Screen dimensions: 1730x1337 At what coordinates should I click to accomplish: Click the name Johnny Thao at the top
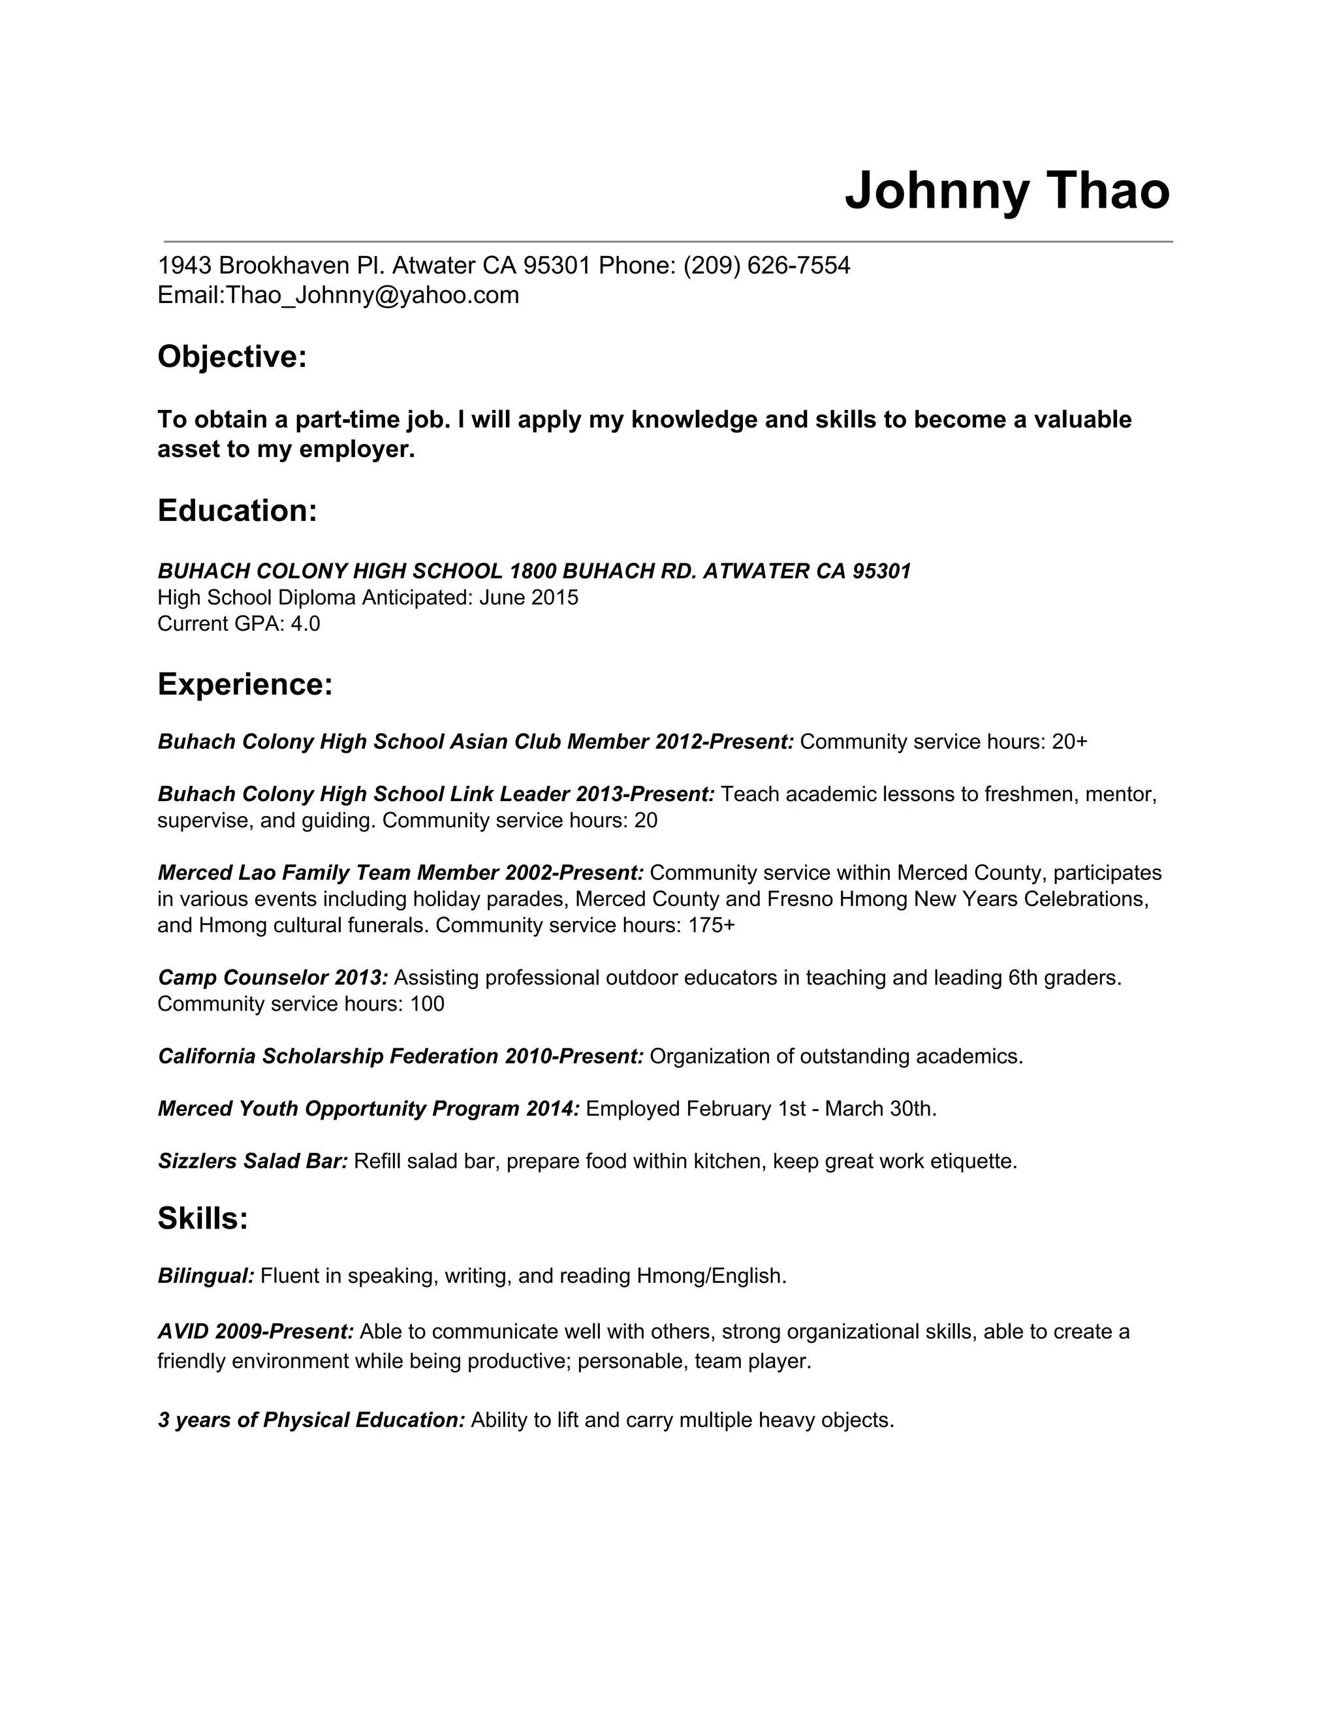[x=1007, y=192]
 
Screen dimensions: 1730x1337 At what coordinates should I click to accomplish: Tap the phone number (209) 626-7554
[x=766, y=265]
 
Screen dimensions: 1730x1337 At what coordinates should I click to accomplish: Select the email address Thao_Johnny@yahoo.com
[x=372, y=296]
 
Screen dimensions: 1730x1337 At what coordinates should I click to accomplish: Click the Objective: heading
[x=232, y=357]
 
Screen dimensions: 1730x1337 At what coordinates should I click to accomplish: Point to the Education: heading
[x=238, y=511]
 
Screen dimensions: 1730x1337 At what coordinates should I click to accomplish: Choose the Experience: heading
[x=245, y=684]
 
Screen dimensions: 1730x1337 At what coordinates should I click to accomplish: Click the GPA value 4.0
[x=306, y=624]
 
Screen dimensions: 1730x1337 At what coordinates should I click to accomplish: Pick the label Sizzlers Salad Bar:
[x=253, y=1161]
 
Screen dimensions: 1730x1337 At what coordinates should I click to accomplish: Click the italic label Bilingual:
[x=206, y=1276]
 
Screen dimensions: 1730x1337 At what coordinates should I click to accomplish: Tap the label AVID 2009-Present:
[x=256, y=1332]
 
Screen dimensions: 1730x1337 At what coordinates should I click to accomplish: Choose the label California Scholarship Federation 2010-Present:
[x=401, y=1057]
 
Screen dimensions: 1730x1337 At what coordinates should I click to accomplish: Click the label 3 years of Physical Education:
[x=311, y=1421]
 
